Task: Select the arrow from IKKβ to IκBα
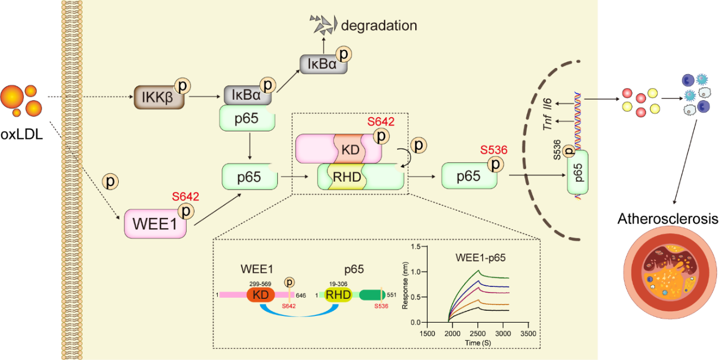click(x=206, y=96)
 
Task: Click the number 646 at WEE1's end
click(x=301, y=295)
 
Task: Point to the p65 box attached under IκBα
click(x=248, y=118)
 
